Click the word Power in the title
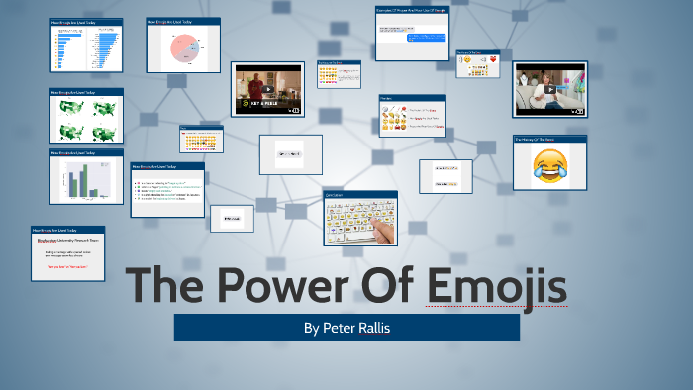click(278, 287)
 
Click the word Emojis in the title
click(497, 287)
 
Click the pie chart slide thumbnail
click(183, 46)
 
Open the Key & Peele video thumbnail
click(266, 90)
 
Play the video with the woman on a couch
click(549, 89)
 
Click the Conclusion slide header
click(359, 195)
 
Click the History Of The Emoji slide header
click(549, 140)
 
